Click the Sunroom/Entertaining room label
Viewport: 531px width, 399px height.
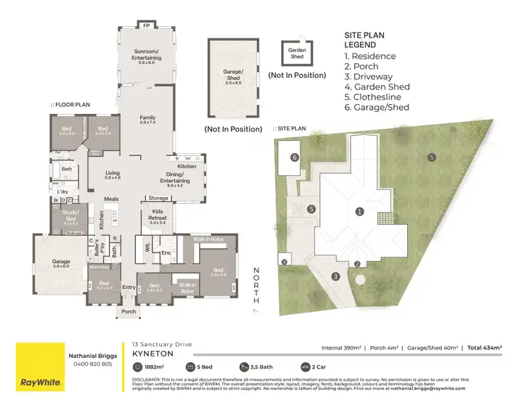click(147, 54)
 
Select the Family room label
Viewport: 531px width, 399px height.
click(147, 119)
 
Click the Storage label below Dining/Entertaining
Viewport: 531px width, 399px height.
click(157, 198)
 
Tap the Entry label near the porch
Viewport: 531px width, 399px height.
click(128, 287)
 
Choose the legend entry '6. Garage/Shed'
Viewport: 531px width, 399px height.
click(377, 108)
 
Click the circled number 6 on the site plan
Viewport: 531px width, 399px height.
click(294, 157)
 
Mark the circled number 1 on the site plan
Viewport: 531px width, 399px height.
click(360, 211)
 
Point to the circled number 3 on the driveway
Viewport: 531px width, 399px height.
click(336, 276)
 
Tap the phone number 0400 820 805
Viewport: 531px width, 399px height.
click(90, 364)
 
